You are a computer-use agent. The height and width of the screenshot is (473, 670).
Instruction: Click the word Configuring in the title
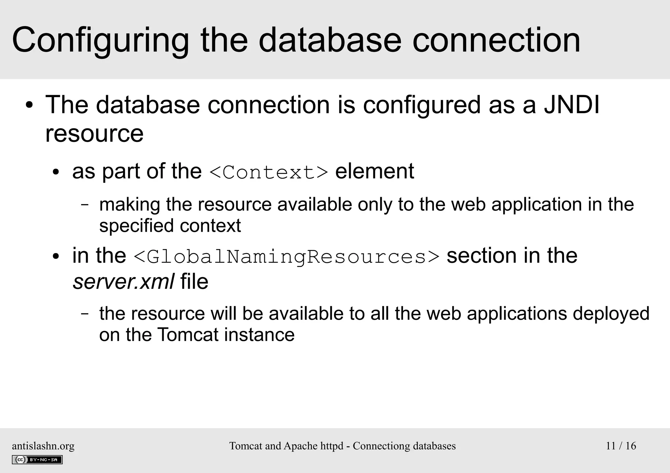click(x=100, y=41)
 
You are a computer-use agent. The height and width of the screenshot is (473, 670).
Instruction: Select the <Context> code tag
click(x=268, y=172)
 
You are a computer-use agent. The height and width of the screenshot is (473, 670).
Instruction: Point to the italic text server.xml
click(x=123, y=282)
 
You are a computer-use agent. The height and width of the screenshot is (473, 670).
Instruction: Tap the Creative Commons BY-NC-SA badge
click(x=37, y=460)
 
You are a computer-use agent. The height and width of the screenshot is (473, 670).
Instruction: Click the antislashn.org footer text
click(x=43, y=446)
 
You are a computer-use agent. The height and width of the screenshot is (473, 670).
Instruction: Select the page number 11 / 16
click(x=621, y=446)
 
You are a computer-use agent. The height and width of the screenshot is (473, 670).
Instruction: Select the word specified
click(x=136, y=226)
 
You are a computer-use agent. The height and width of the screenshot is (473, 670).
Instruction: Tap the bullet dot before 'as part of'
click(x=56, y=172)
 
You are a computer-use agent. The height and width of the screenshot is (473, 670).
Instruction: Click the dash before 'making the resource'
click(x=85, y=205)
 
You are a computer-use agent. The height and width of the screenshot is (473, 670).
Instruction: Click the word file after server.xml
click(x=194, y=281)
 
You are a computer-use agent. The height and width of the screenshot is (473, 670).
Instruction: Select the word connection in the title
click(x=496, y=41)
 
